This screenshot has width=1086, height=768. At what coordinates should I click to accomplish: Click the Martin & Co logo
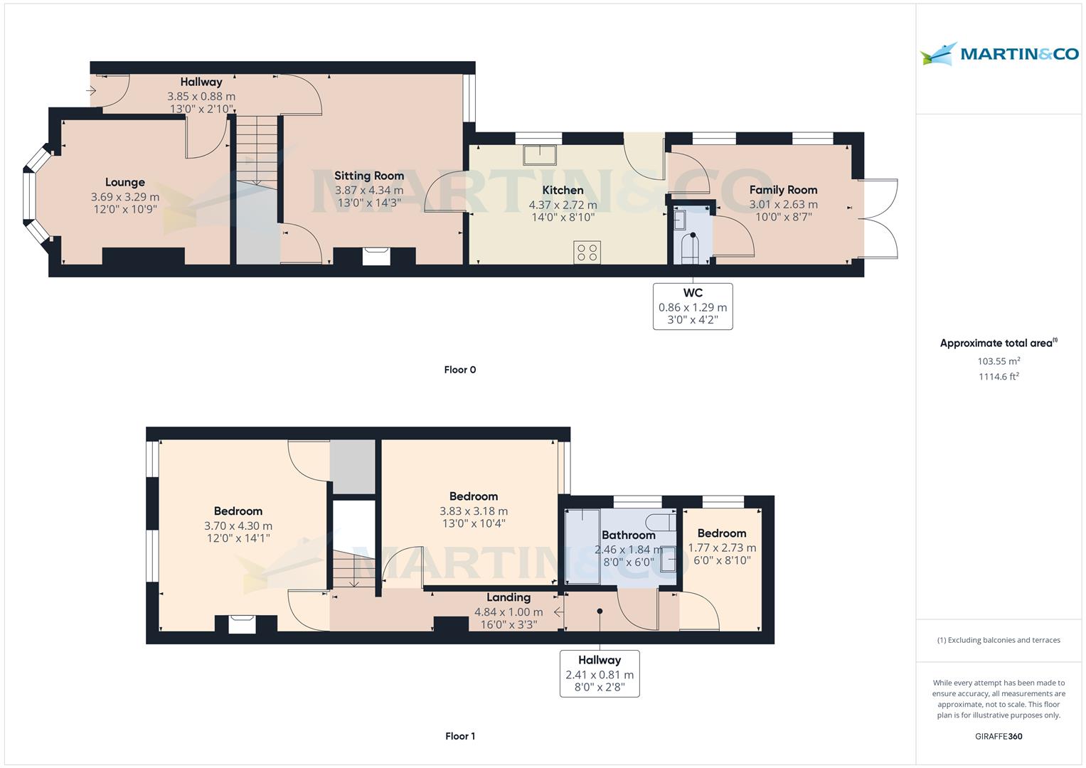coord(999,54)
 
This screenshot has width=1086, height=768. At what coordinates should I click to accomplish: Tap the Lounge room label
coord(125,182)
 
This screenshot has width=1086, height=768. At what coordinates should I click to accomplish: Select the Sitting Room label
coord(369,176)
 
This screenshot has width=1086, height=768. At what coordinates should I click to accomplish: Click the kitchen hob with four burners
coord(587,252)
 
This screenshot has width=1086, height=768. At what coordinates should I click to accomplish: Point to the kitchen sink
coord(540,155)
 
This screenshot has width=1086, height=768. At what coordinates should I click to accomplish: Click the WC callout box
coord(693,306)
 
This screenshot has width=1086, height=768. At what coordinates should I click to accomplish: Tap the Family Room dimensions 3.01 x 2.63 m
coord(784,205)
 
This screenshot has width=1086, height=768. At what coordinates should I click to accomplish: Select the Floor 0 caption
coord(460,370)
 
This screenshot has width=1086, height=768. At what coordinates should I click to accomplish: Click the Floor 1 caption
coord(460,736)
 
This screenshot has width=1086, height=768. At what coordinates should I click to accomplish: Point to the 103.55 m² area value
coord(999,361)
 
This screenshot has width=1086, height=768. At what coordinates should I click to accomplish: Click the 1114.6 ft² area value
coord(999,376)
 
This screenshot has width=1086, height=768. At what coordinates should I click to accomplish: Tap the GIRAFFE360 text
coord(999,736)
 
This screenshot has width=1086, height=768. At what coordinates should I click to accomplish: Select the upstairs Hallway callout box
coord(600,674)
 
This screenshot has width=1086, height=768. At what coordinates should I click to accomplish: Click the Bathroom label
coord(628,535)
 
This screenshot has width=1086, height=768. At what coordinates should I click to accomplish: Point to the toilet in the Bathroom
coord(661,522)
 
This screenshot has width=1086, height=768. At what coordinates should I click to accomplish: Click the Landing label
coord(509,597)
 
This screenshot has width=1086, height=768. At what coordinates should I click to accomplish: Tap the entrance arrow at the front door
coord(91,90)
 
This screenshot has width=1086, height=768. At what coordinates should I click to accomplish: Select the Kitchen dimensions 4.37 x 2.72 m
coord(563,205)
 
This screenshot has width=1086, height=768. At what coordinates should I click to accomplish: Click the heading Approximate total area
coord(999,343)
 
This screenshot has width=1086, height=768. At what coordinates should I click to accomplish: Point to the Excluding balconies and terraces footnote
coord(999,640)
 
